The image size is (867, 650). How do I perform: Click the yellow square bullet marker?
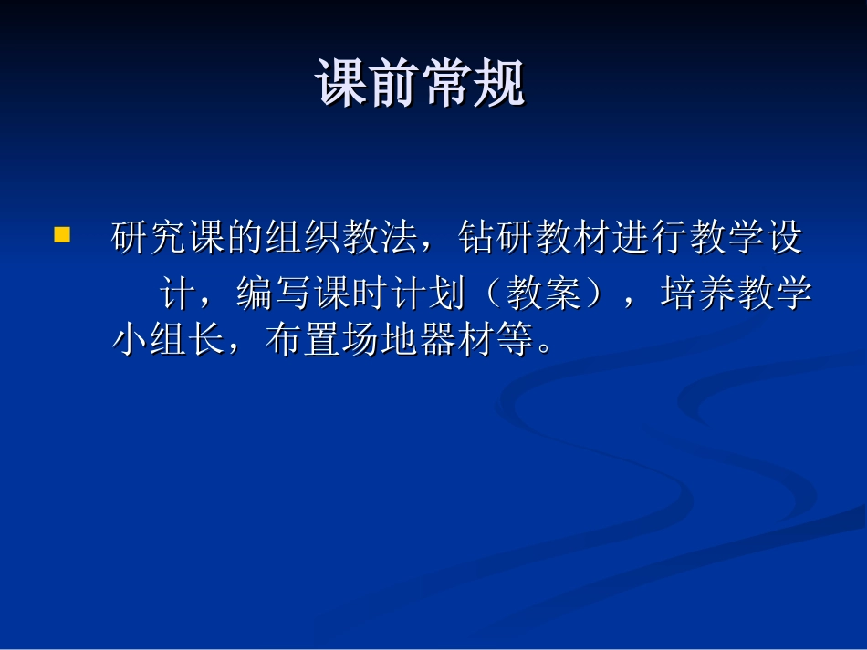[62, 235]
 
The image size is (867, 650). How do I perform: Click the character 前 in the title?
[394, 85]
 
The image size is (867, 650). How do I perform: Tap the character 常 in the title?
[447, 85]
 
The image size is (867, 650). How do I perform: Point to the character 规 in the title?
[500, 85]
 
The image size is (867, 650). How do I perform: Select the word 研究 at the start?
[150, 238]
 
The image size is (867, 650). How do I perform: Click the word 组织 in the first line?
[304, 238]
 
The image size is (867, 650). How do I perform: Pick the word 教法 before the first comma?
[381, 238]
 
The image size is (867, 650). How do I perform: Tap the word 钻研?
[496, 238]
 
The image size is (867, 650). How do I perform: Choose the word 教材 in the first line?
[573, 238]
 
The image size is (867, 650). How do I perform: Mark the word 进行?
[650, 238]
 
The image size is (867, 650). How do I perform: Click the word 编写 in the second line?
[276, 295]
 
